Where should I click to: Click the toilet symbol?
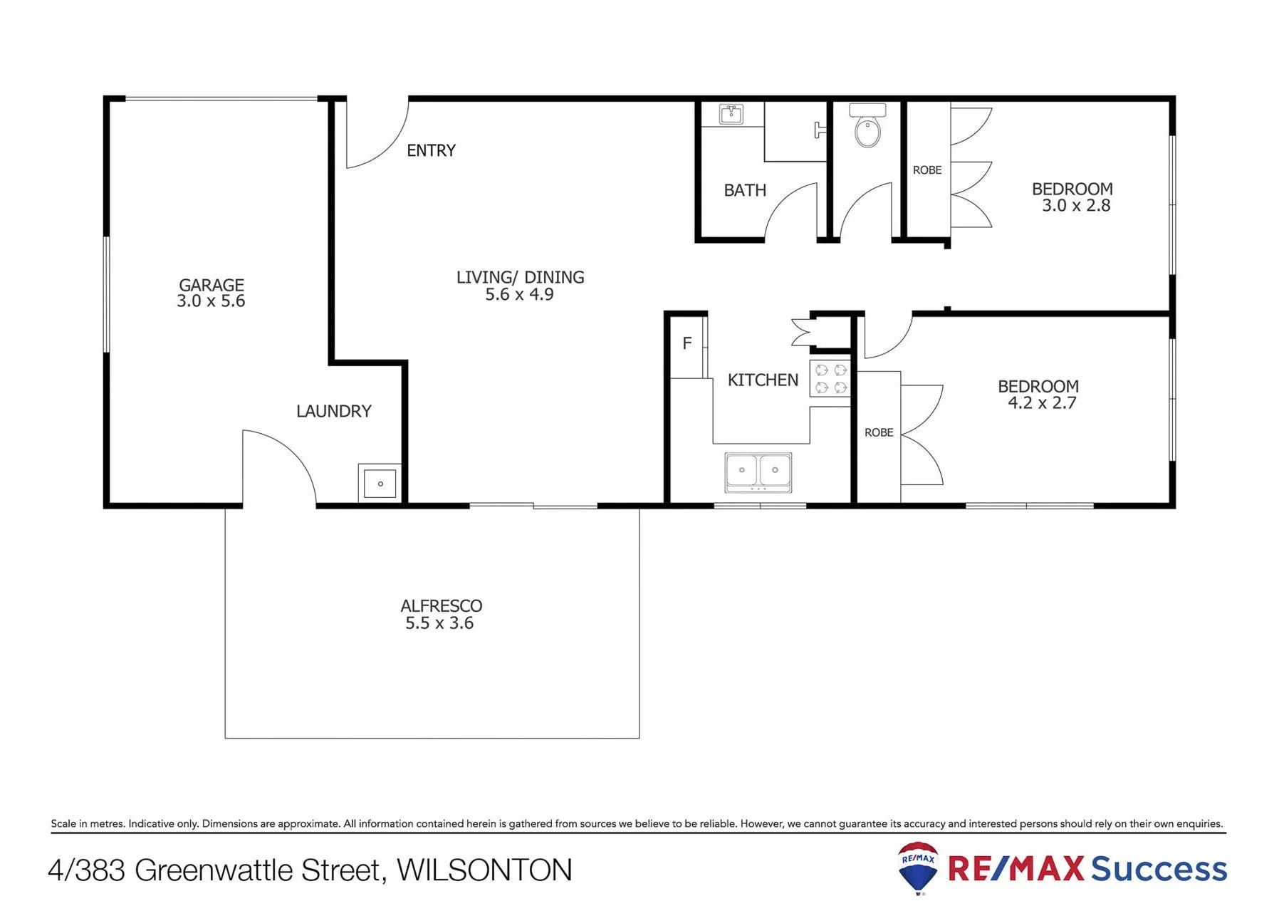pos(867,125)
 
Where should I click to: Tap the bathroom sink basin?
pos(731,114)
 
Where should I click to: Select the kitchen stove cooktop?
pos(830,378)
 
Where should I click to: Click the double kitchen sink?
pos(758,472)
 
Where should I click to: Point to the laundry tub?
pos(380,484)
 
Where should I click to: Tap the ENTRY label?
pos(431,150)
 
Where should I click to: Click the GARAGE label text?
pos(212,285)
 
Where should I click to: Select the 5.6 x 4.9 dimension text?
pos(519,294)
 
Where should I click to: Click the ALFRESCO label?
pos(442,606)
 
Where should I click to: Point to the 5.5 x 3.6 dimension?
pos(439,623)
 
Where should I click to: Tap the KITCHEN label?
pos(763,380)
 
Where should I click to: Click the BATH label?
pos(745,190)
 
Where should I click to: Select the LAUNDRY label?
pos(334,411)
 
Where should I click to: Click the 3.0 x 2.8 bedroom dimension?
pos(1076,206)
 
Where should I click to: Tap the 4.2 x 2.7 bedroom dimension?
pos(1042,403)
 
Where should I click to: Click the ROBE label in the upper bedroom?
pos(927,170)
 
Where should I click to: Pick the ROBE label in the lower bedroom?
pos(879,432)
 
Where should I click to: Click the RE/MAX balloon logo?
pos(918,868)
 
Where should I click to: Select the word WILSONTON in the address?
pos(484,870)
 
